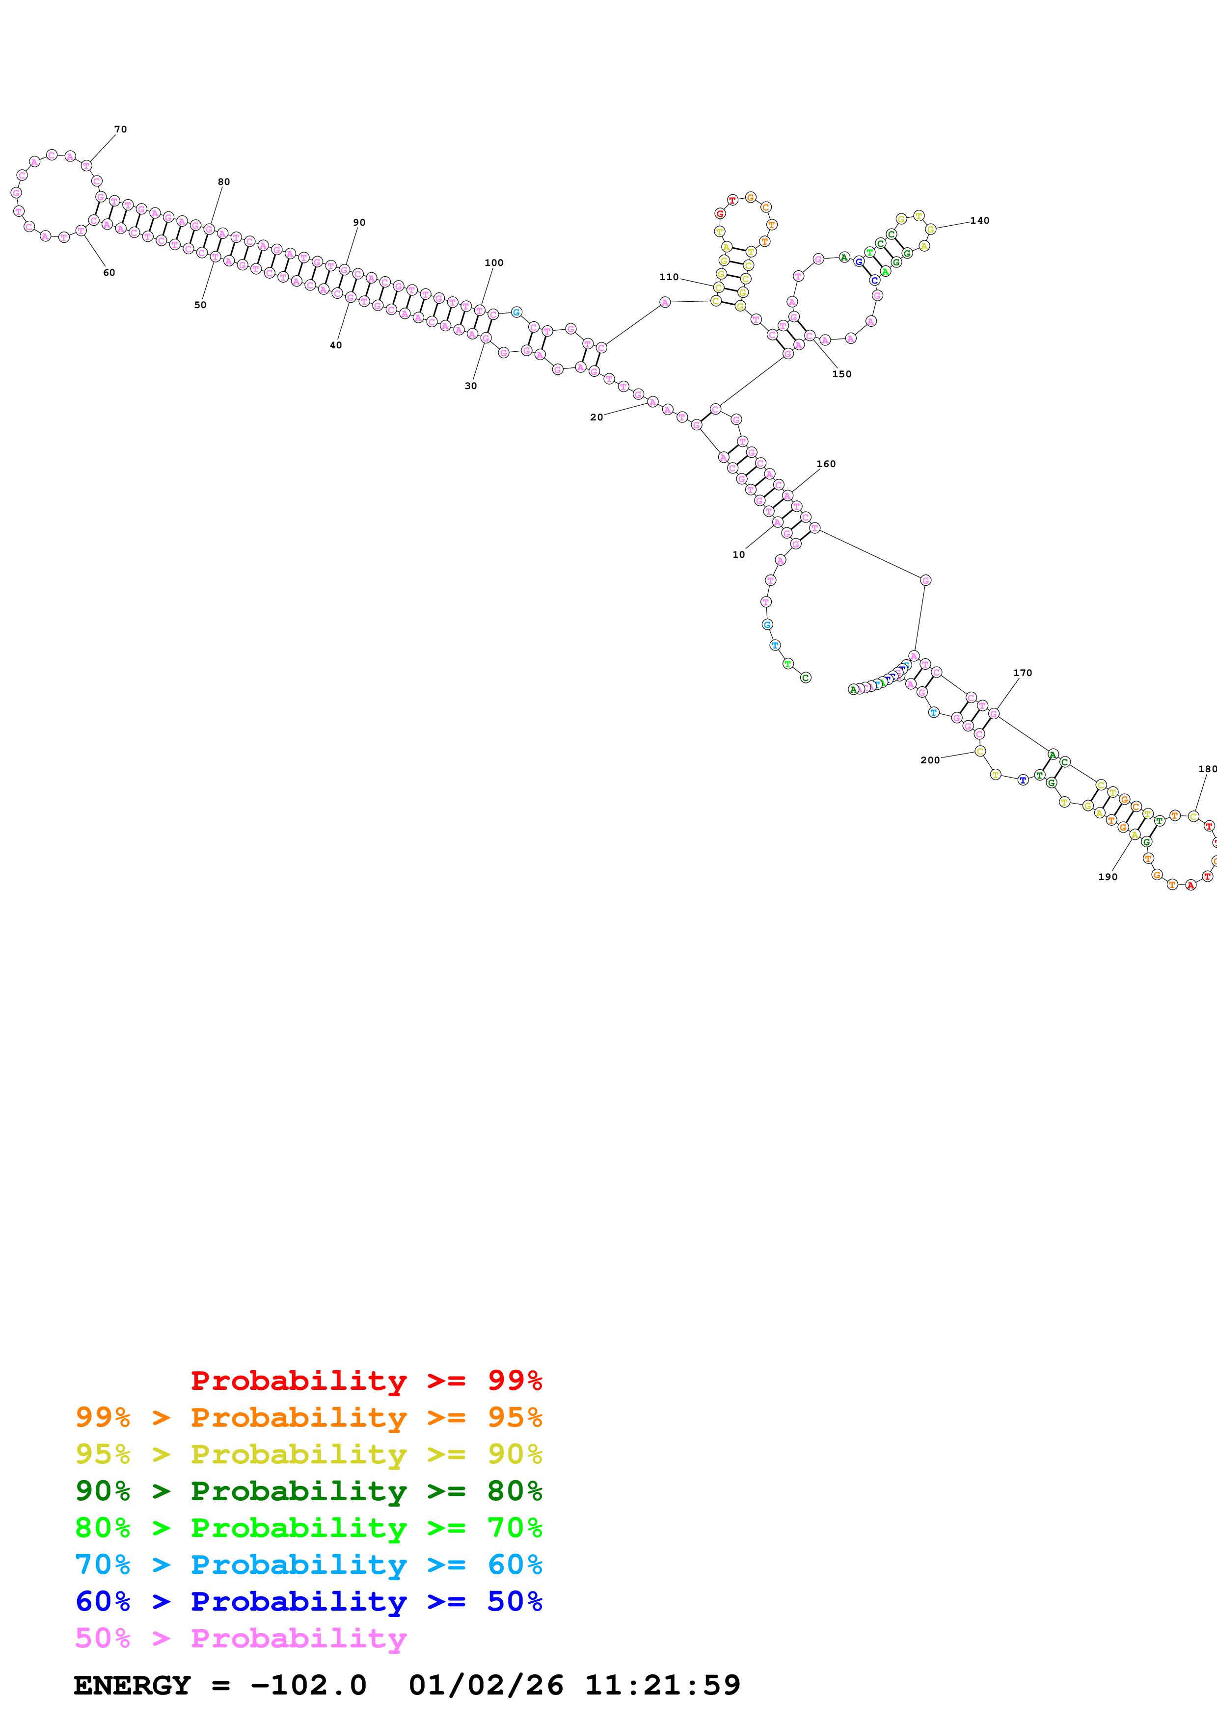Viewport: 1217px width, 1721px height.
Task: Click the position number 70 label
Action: pyautogui.click(x=120, y=130)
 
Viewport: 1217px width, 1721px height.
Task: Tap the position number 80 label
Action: pyautogui.click(x=223, y=182)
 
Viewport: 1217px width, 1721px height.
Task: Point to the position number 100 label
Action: pyautogui.click(x=493, y=263)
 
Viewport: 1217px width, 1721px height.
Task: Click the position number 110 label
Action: pyautogui.click(x=668, y=277)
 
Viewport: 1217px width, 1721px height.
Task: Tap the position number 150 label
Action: pyautogui.click(x=841, y=374)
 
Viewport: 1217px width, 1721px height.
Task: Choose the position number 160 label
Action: pyautogui.click(x=826, y=464)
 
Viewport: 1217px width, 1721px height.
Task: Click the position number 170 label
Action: pyautogui.click(x=1022, y=673)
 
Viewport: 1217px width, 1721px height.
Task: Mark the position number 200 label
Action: pyautogui.click(x=930, y=760)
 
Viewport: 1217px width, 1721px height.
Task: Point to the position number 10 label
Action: pyautogui.click(x=739, y=555)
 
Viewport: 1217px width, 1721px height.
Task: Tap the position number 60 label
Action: pyautogui.click(x=108, y=273)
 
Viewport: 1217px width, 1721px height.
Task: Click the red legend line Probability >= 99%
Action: pyautogui.click(x=366, y=1381)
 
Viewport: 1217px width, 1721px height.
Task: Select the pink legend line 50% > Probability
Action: pyautogui.click(x=241, y=1638)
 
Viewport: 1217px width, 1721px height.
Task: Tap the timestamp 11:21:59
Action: pyautogui.click(x=662, y=1685)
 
